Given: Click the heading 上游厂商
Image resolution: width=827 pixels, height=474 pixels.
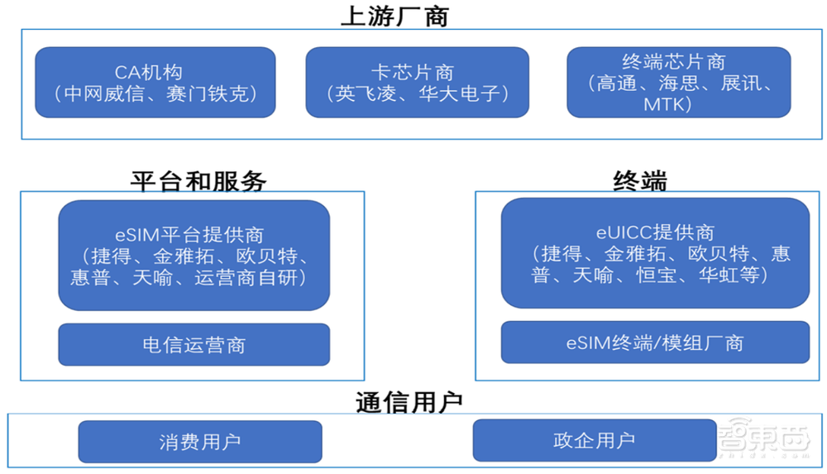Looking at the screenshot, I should [394, 16].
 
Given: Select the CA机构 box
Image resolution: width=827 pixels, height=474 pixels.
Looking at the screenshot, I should [155, 82].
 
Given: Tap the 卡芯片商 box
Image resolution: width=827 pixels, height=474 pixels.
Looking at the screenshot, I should [417, 82].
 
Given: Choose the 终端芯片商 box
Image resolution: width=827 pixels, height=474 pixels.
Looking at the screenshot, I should [678, 82].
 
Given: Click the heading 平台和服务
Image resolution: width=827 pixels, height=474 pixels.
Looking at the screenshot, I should [198, 180].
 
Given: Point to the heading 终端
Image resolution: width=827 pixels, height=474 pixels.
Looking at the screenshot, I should [640, 180].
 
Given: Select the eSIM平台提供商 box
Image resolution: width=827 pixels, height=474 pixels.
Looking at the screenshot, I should [194, 256].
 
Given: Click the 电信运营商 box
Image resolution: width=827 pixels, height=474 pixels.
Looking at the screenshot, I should [194, 344].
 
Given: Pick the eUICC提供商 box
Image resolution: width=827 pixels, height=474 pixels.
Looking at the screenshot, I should [655, 253].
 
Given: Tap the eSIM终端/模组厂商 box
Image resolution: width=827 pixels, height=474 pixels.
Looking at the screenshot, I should [655, 342].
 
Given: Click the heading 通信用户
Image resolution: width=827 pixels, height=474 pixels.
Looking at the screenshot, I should [409, 402].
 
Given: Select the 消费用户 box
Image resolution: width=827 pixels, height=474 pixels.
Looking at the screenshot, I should [199, 441].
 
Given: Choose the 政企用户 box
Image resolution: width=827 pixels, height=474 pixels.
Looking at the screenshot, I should [594, 440].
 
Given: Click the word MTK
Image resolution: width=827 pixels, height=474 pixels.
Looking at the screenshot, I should [667, 104].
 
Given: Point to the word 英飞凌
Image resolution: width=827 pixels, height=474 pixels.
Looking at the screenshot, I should [361, 93].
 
